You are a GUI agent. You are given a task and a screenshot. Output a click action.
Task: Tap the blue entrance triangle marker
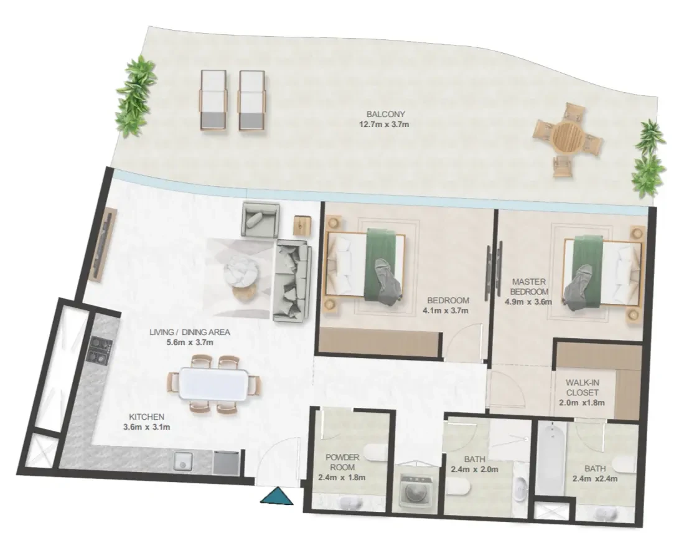coord(276,496)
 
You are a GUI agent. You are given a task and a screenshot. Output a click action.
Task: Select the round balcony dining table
coord(568,136)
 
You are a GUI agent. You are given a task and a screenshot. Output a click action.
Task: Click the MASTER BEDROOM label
coord(529,286)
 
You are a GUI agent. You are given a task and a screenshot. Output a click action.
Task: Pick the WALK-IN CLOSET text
coord(582,387)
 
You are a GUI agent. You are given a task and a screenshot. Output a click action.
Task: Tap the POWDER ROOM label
coord(342,462)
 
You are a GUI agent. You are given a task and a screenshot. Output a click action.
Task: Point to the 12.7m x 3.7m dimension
coord(384,125)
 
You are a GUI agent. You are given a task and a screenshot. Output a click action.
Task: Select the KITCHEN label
coord(146,417)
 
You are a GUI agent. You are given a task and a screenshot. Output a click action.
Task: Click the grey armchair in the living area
coord(261,219)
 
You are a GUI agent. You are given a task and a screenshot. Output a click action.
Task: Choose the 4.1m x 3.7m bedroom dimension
coord(445,311)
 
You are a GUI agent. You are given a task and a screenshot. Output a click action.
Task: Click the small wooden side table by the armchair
coord(302,224)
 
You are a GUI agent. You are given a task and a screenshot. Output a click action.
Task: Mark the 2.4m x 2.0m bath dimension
coord(474,470)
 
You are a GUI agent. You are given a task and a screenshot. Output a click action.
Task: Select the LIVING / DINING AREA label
coord(189,332)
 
